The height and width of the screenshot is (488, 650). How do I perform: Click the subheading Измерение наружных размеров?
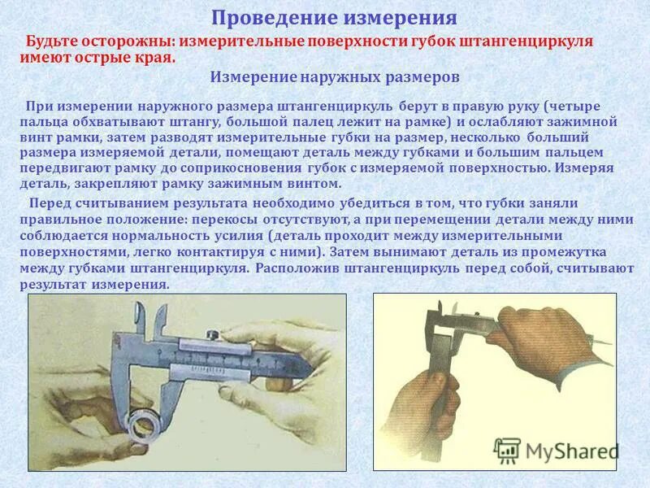[335, 77]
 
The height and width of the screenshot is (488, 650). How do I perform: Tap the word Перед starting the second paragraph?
[49, 203]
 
